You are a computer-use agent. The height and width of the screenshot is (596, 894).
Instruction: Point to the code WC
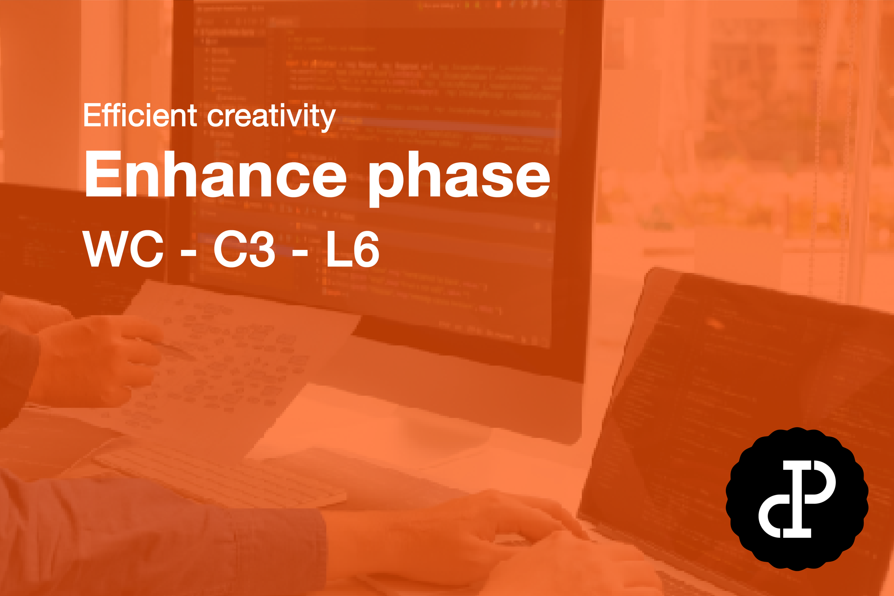click(x=123, y=249)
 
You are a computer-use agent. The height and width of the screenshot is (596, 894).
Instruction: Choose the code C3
click(x=244, y=249)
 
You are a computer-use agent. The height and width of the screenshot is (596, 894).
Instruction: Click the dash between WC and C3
click(x=188, y=252)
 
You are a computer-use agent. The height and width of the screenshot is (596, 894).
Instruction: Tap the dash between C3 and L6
click(x=300, y=252)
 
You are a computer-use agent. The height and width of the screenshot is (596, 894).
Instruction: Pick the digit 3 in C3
click(x=260, y=249)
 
